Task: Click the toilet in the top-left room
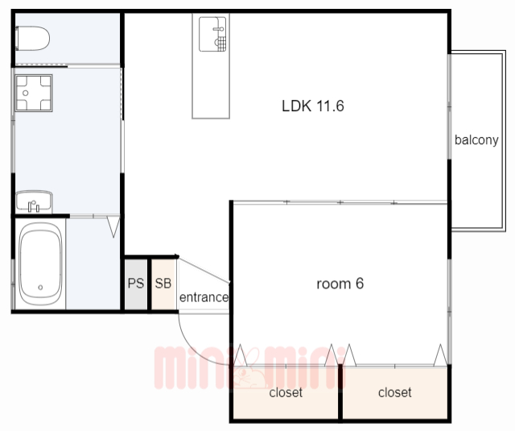tap(32, 38)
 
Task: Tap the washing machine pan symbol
tap(34, 93)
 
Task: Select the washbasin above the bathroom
tap(34, 201)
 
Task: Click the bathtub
tap(40, 264)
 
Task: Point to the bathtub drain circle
tap(40, 288)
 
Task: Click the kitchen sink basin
tap(212, 34)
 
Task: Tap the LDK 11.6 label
tap(313, 106)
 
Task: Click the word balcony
tap(476, 140)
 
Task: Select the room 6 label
tap(340, 284)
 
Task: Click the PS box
tap(136, 284)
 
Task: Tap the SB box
tap(163, 284)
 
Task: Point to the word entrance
tap(204, 297)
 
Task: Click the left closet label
tap(286, 392)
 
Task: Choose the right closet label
tap(395, 392)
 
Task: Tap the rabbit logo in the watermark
tap(249, 368)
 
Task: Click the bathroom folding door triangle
tap(113, 226)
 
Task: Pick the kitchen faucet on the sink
tap(219, 29)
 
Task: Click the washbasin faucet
tap(34, 206)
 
